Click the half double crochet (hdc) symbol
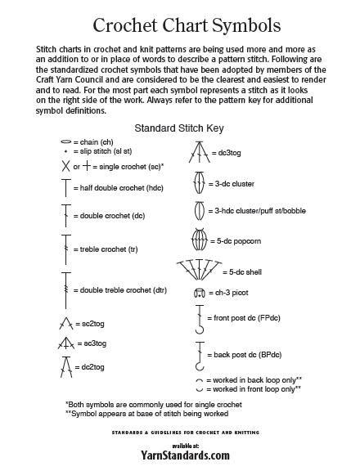[x=65, y=188]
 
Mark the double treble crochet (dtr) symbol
[x=65, y=289]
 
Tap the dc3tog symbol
[x=196, y=151]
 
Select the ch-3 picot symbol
[x=197, y=293]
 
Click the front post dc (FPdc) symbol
[x=197, y=319]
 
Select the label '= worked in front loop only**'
[x=254, y=388]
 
